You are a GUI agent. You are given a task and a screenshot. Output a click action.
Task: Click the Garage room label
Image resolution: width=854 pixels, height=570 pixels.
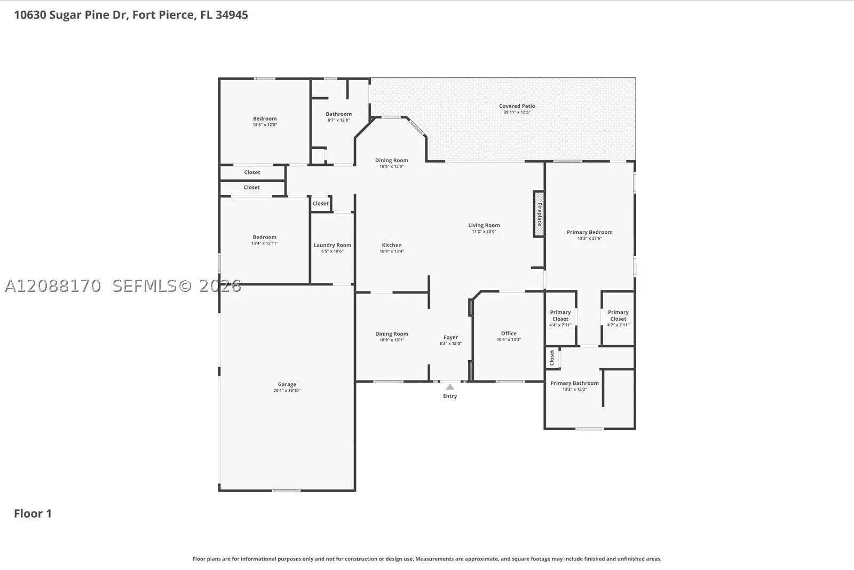[x=287, y=384]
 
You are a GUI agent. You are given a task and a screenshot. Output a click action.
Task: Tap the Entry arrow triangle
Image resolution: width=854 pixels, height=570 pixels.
[x=450, y=387]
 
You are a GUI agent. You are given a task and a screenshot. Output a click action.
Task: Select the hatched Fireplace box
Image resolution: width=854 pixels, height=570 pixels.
[x=539, y=214]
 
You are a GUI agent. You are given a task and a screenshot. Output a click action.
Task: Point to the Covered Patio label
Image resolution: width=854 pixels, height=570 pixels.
[x=517, y=106]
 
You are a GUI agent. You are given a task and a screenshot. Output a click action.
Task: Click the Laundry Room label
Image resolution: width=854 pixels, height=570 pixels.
[x=332, y=245]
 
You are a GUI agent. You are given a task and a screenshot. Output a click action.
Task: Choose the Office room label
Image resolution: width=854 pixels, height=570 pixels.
[x=509, y=333]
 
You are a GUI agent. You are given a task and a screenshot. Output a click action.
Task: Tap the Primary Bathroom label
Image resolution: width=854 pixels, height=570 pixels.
[x=574, y=383]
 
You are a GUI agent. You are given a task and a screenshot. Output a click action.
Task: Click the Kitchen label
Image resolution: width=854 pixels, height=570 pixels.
[x=392, y=245]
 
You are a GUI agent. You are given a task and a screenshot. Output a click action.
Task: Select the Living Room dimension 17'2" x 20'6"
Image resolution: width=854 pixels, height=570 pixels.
[x=484, y=232]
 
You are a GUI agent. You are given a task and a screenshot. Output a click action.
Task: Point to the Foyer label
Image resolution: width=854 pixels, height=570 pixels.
[x=450, y=337]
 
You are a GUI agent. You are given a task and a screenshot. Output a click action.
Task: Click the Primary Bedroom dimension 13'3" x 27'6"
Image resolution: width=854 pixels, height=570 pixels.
[x=589, y=238]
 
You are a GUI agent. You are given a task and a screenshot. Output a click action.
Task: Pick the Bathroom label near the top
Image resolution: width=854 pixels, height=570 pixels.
[x=338, y=114]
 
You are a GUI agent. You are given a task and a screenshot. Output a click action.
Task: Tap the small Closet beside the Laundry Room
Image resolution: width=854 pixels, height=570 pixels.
[x=320, y=203]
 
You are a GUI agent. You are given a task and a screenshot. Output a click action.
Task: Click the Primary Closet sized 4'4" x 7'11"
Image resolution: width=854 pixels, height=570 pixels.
[x=560, y=318]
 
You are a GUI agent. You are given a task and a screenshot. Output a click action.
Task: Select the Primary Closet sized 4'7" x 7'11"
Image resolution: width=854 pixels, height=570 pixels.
[x=618, y=318]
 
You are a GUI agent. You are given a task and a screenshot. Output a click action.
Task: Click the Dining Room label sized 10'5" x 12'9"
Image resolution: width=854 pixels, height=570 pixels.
[x=391, y=163]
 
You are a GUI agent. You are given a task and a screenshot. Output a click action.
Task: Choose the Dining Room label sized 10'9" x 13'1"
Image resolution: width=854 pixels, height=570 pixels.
[x=392, y=336]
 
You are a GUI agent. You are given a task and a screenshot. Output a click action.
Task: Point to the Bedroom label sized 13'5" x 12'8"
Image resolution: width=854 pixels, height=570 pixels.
[x=265, y=121]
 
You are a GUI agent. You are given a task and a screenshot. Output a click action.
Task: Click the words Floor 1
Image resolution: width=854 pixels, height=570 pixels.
[x=33, y=513]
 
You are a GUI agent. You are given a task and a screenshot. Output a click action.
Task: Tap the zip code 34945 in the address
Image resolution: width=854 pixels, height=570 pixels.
[x=232, y=15]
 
